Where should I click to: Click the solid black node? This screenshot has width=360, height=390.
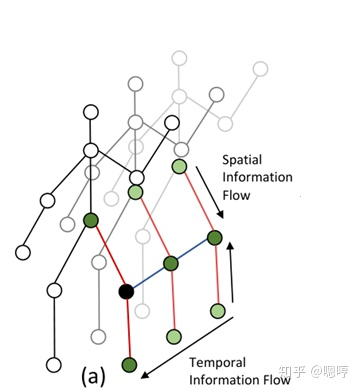pyautogui.click(x=126, y=292)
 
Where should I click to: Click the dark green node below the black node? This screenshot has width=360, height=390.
pyautogui.click(x=128, y=364)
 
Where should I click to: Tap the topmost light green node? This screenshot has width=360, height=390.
pyautogui.click(x=180, y=166)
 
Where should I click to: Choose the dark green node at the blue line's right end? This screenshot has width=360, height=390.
pyautogui.click(x=214, y=237)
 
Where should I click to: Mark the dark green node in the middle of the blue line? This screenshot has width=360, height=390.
pyautogui.click(x=171, y=264)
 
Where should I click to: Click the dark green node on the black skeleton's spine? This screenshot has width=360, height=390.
pyautogui.click(x=90, y=220)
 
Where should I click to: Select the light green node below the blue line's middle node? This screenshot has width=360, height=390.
pyautogui.click(x=174, y=337)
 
